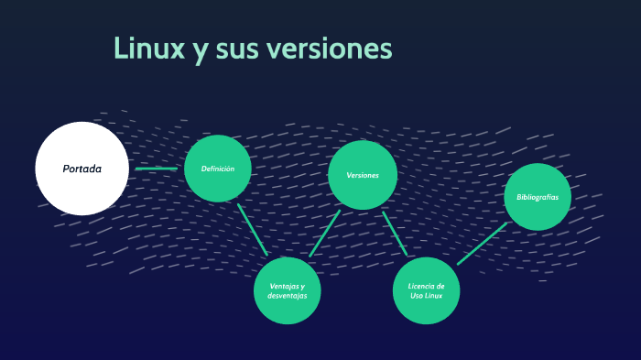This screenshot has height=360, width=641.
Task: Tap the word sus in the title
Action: [237, 49]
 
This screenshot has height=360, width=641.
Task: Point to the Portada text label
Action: [82, 169]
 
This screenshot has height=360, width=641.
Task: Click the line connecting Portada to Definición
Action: [157, 169]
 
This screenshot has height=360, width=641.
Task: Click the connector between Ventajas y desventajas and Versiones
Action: [324, 234]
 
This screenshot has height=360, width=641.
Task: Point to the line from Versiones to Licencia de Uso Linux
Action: [395, 234]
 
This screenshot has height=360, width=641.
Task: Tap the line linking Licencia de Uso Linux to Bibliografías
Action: [482, 243]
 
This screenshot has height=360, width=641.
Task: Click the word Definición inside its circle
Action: [218, 169]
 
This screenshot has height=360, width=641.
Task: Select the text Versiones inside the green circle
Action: [363, 175]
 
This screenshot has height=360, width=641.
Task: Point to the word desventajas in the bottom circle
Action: [287, 297]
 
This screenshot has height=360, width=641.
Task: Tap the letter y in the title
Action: [200, 51]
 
